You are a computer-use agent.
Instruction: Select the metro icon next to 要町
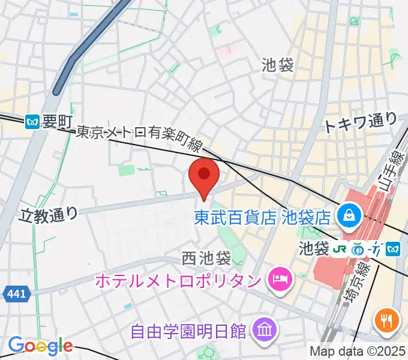pyautogui.click(x=34, y=122)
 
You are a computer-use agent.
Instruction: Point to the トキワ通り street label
pyautogui.click(x=360, y=123)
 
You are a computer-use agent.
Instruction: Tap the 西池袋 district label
pyautogui.click(x=206, y=259)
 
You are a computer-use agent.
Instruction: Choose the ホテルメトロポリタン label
pyautogui.click(x=178, y=280)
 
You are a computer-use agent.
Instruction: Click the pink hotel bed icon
pyautogui.click(x=278, y=278)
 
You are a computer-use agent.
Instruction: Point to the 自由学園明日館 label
pyautogui.click(x=190, y=330)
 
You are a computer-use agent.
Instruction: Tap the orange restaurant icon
pyautogui.click(x=388, y=320)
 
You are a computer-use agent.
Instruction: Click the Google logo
pyautogui.click(x=40, y=346)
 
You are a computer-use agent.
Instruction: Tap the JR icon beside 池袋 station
pyautogui.click(x=340, y=248)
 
